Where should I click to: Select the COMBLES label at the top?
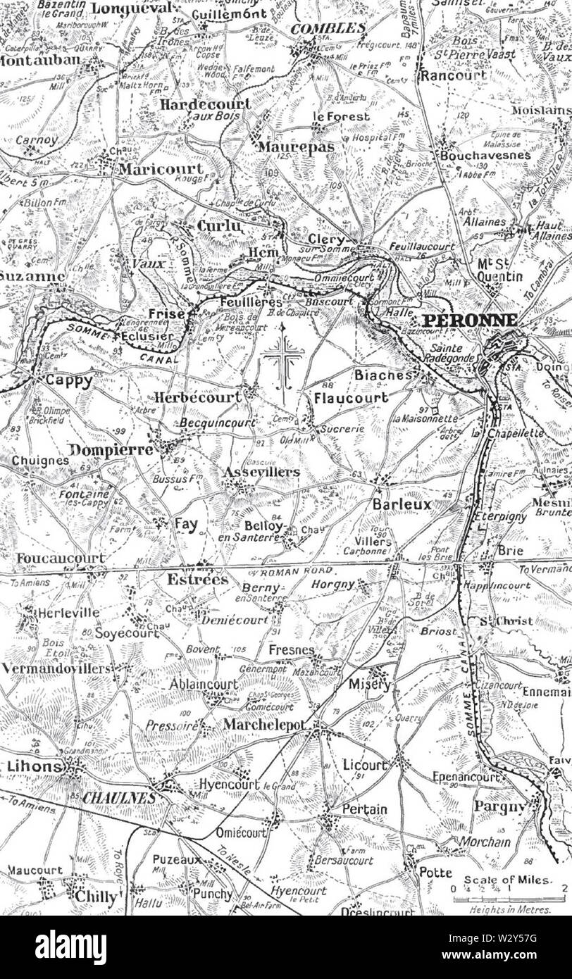pos(328,29)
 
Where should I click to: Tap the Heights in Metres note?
pos(510,909)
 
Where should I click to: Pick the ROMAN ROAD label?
pos(294,571)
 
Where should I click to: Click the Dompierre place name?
pos(111,449)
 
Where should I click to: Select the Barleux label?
pos(402,505)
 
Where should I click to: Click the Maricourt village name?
pos(160,169)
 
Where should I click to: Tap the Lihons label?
pos(31,766)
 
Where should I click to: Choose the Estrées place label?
pos(197,580)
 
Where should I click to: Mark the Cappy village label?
pos(68,381)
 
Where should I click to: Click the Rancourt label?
pos(453,75)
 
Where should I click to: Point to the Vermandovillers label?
pos(56,668)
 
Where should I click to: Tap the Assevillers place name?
pos(261,472)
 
